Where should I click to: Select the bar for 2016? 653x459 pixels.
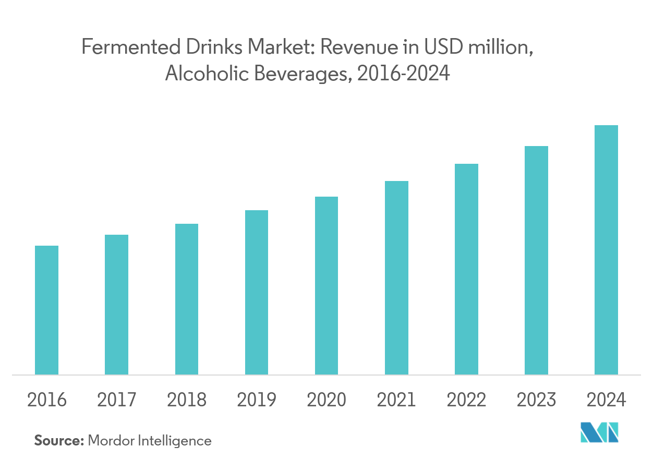[46, 310]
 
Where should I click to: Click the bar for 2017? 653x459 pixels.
[116, 305]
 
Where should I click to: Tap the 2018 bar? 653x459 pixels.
[186, 299]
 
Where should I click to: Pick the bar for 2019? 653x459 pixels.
[257, 292]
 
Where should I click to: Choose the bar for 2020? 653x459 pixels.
[326, 285]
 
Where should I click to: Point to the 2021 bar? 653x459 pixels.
[396, 277]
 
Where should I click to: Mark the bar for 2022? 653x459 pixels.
[466, 269]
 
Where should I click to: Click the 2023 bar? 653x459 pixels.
[536, 260]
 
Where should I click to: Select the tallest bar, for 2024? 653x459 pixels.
[606, 250]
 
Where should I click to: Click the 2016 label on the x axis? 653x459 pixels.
[46, 400]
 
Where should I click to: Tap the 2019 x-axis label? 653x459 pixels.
[257, 400]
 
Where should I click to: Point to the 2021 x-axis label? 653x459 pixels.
[396, 400]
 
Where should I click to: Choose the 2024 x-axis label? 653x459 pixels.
[606, 400]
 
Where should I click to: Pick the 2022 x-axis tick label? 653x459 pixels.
[466, 400]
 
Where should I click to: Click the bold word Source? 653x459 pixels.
[59, 441]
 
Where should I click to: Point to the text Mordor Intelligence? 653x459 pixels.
[150, 441]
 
